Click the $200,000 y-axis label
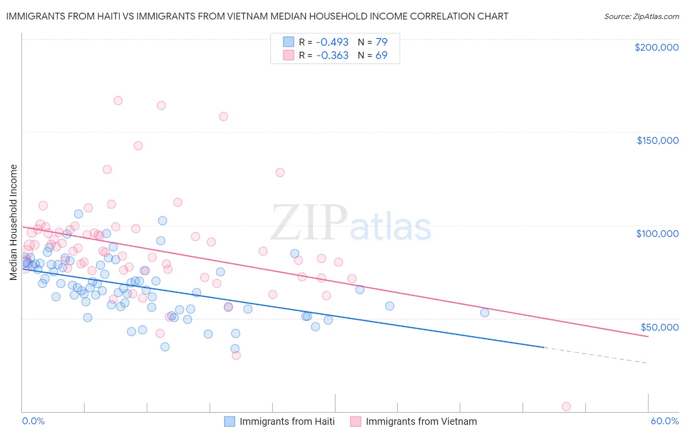pyautogui.click(x=656, y=47)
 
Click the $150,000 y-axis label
pyautogui.click(x=657, y=140)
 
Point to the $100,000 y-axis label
pyautogui.click(x=657, y=234)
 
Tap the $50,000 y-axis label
pyautogui.click(x=660, y=327)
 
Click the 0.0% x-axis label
pyautogui.click(x=33, y=421)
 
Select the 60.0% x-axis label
pyautogui.click(x=665, y=421)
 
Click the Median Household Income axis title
pyautogui.click(x=13, y=222)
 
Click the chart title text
pyautogui.click(x=257, y=16)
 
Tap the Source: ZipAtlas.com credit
pyautogui.click(x=641, y=17)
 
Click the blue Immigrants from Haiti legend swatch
pyautogui.click(x=229, y=421)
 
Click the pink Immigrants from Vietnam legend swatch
pyautogui.click(x=356, y=421)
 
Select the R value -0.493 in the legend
pyautogui.click(x=332, y=42)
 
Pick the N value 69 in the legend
pyautogui.click(x=381, y=56)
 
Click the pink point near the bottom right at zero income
pyautogui.click(x=566, y=407)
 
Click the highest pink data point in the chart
pyautogui.click(x=118, y=100)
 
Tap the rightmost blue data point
pyautogui.click(x=485, y=313)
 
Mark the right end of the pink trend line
pyautogui.click(x=647, y=336)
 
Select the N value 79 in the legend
pyautogui.click(x=381, y=42)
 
